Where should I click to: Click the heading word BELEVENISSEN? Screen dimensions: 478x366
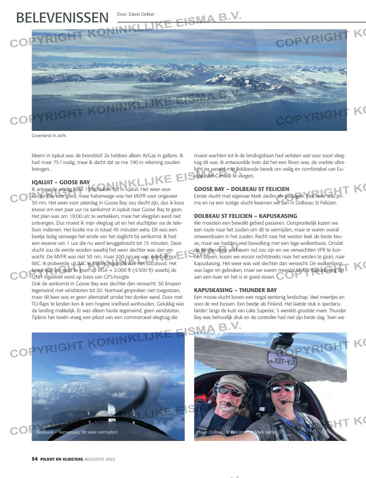pos(62,17)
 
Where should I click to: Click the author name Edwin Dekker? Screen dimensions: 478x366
pos(135,14)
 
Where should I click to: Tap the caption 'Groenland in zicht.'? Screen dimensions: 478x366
pos(49,136)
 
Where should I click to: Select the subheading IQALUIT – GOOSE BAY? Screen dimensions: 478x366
pos(61,183)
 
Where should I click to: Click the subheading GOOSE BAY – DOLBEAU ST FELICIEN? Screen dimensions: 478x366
pos(241,189)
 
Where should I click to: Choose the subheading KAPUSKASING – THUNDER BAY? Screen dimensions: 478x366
pos(235,290)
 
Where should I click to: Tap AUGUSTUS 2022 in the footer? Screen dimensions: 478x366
pos(100,459)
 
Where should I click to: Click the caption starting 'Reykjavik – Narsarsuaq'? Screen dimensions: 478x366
pos(73,433)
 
